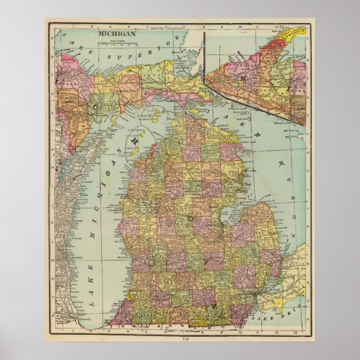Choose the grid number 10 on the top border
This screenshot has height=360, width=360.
click(x=239, y=29)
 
